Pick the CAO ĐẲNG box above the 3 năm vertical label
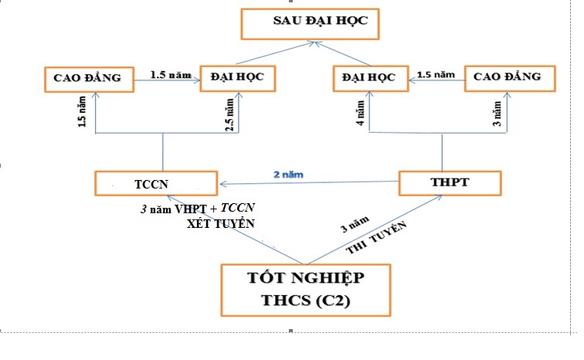[508, 78]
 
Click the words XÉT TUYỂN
[221, 224]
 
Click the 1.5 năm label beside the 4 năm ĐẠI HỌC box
[436, 74]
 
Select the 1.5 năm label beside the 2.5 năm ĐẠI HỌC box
[169, 74]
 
